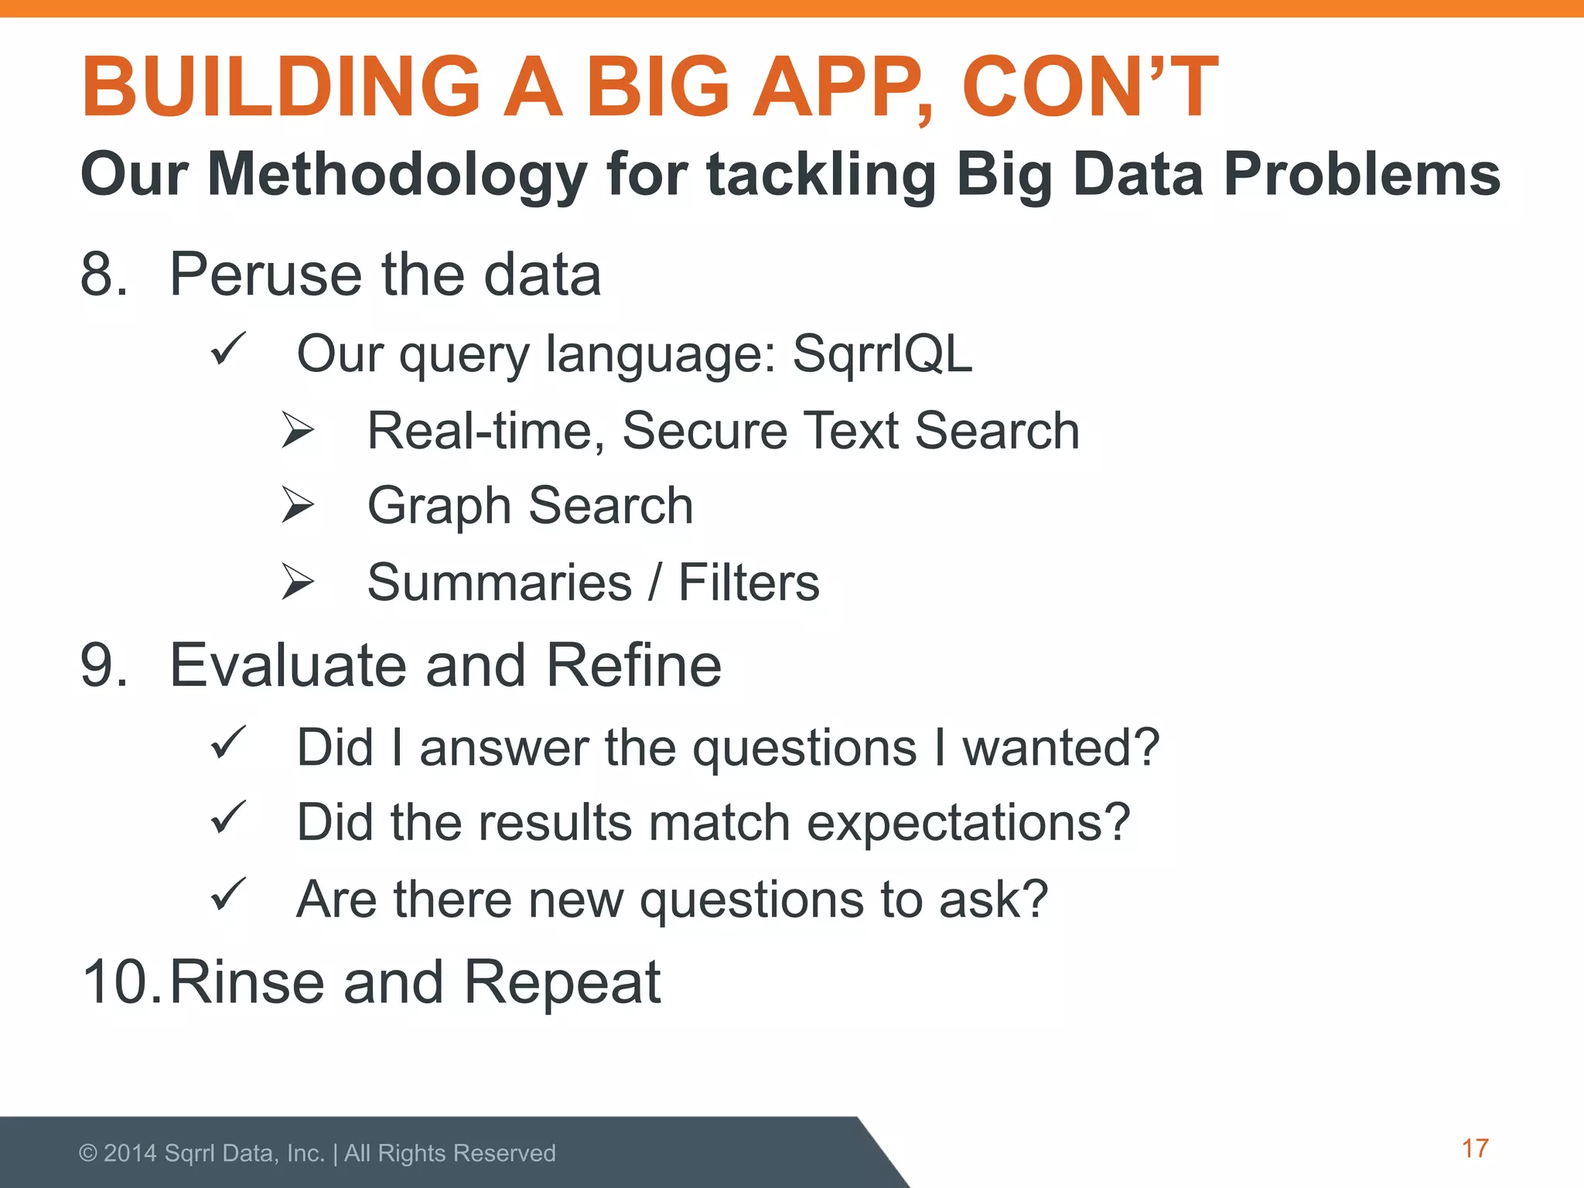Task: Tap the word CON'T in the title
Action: [1089, 87]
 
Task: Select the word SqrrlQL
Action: [882, 354]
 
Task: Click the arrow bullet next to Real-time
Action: [298, 430]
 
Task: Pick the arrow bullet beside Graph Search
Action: [298, 505]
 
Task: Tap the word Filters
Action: [748, 582]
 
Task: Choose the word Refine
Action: [633, 666]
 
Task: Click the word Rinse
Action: [247, 982]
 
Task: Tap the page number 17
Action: [1475, 1149]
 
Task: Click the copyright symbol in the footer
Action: [88, 1153]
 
